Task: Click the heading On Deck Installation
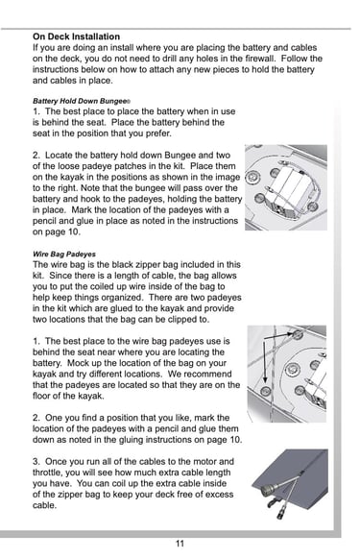pos(76,36)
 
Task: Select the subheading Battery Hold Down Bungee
pos(81,101)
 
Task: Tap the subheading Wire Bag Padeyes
pos(64,255)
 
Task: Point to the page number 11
pos(180,544)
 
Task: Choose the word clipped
pos(181,319)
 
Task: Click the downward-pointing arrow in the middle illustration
pos(264,361)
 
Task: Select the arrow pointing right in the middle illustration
pos(280,335)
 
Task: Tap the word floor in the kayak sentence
pos(41,396)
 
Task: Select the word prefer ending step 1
pos(158,133)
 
